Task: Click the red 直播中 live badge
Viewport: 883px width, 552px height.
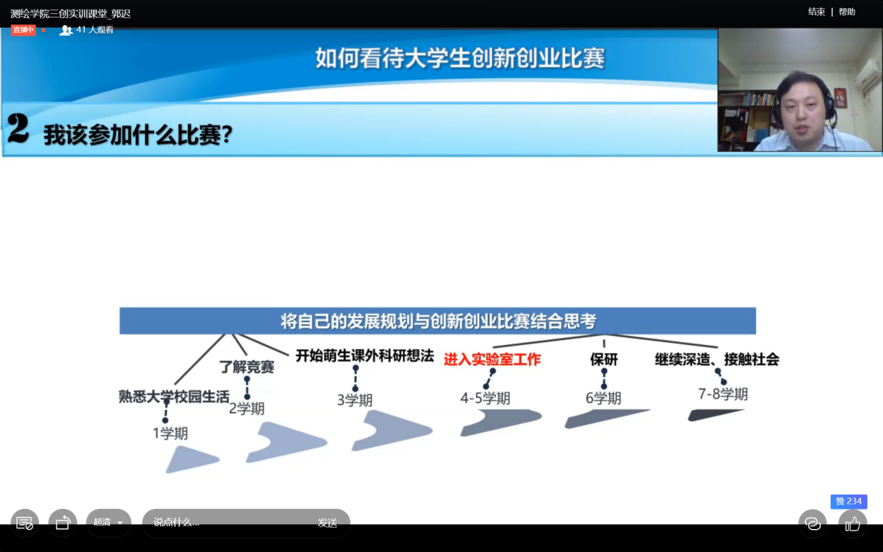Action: pos(23,30)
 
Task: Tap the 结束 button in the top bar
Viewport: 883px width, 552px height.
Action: pos(816,12)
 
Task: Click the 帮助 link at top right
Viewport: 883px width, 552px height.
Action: pos(847,12)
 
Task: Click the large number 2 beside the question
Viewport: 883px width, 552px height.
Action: pos(17,128)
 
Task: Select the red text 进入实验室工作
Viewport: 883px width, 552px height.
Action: pos(492,359)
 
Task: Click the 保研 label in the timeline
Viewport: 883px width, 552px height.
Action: pos(604,359)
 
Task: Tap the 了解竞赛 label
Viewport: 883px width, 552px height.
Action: pos(247,367)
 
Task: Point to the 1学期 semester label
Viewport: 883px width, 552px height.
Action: pos(170,434)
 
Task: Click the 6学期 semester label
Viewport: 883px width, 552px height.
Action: pos(603,398)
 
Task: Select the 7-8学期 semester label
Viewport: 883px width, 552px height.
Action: pos(723,394)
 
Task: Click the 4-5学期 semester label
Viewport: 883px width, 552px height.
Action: pos(485,398)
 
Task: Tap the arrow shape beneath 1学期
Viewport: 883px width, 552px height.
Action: pos(190,460)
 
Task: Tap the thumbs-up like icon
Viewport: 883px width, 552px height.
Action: pos(852,524)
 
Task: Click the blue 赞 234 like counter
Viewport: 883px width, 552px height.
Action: pos(849,502)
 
